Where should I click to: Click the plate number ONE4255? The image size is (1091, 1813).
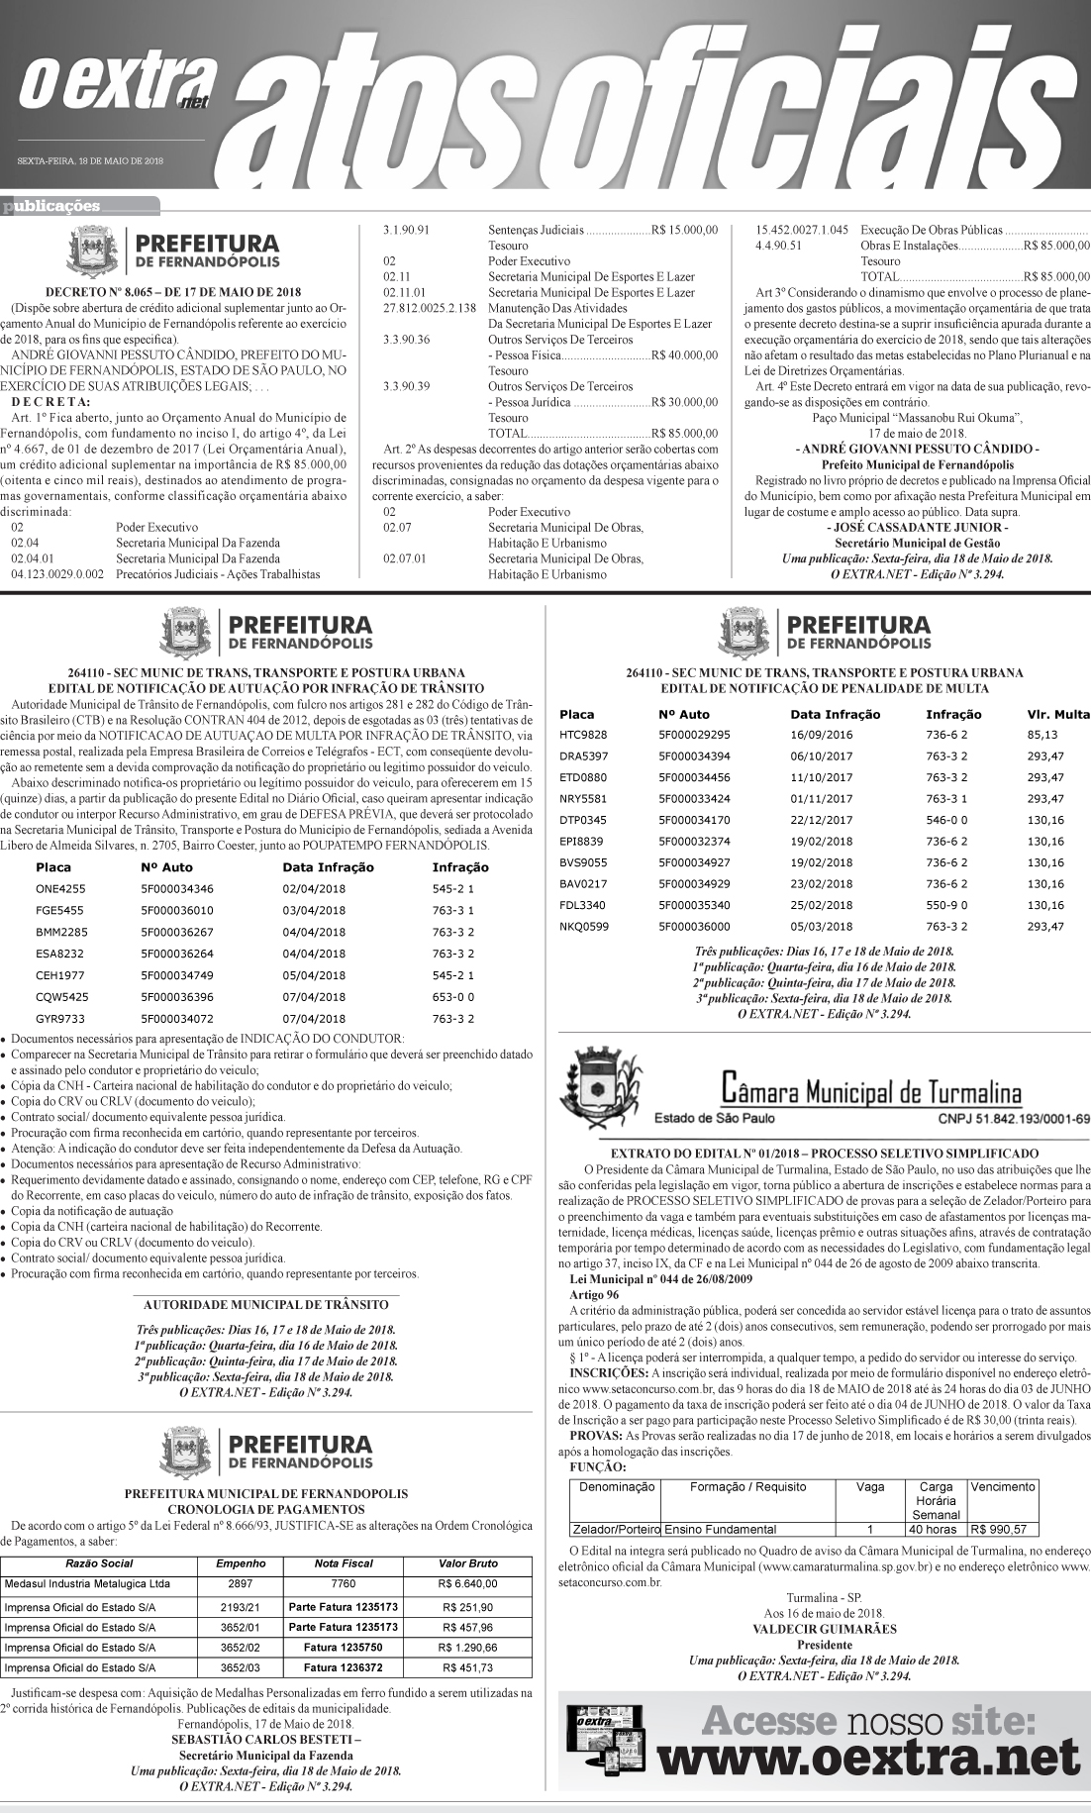[60, 888]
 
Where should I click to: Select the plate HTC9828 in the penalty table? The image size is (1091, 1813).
[583, 735]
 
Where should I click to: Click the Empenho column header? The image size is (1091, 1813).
[241, 1563]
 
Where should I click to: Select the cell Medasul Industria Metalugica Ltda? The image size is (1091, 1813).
[87, 1584]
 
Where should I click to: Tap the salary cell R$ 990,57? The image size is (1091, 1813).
[1003, 1528]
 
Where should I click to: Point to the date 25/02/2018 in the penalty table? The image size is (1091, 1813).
[821, 905]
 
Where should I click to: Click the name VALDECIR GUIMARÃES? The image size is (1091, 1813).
[825, 1628]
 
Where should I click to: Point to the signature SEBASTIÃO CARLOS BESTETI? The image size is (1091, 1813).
[265, 1738]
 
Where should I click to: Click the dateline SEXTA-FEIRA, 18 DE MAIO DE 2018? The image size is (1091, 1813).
[90, 160]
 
